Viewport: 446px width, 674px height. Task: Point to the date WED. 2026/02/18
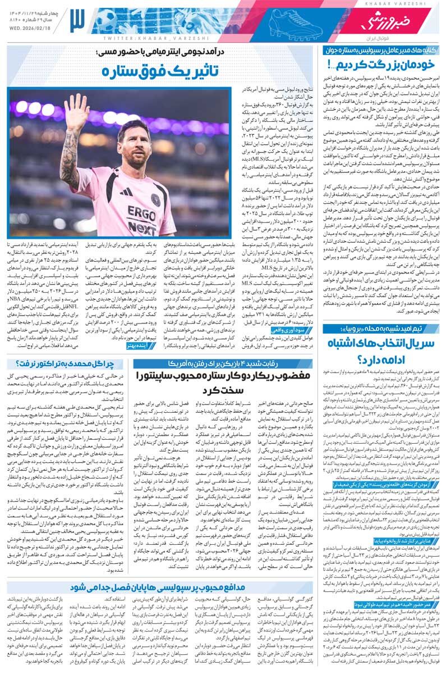(x=34, y=27)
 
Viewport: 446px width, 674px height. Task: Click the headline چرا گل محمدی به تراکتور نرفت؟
(x=67, y=363)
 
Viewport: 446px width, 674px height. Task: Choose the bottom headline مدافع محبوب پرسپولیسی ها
(x=224, y=586)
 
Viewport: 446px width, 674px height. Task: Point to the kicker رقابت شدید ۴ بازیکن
(x=224, y=363)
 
